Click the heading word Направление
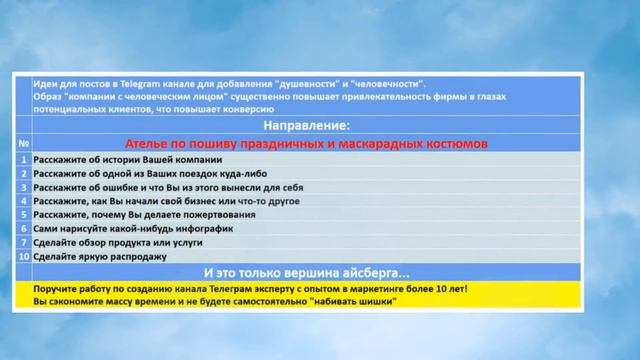[306, 127]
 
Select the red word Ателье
[149, 144]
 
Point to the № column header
[23, 144]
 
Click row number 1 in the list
[23, 159]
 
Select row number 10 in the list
[23, 257]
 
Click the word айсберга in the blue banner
[375, 272]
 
